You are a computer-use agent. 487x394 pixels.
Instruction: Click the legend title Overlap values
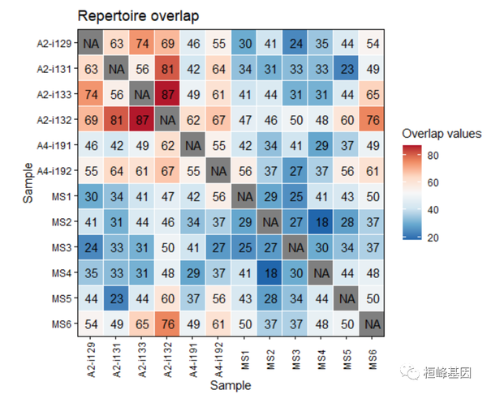pyautogui.click(x=442, y=133)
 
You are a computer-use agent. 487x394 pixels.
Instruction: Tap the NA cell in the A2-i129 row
pyautogui.click(x=91, y=45)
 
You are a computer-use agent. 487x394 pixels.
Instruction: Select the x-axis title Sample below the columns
pyautogui.click(x=231, y=385)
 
